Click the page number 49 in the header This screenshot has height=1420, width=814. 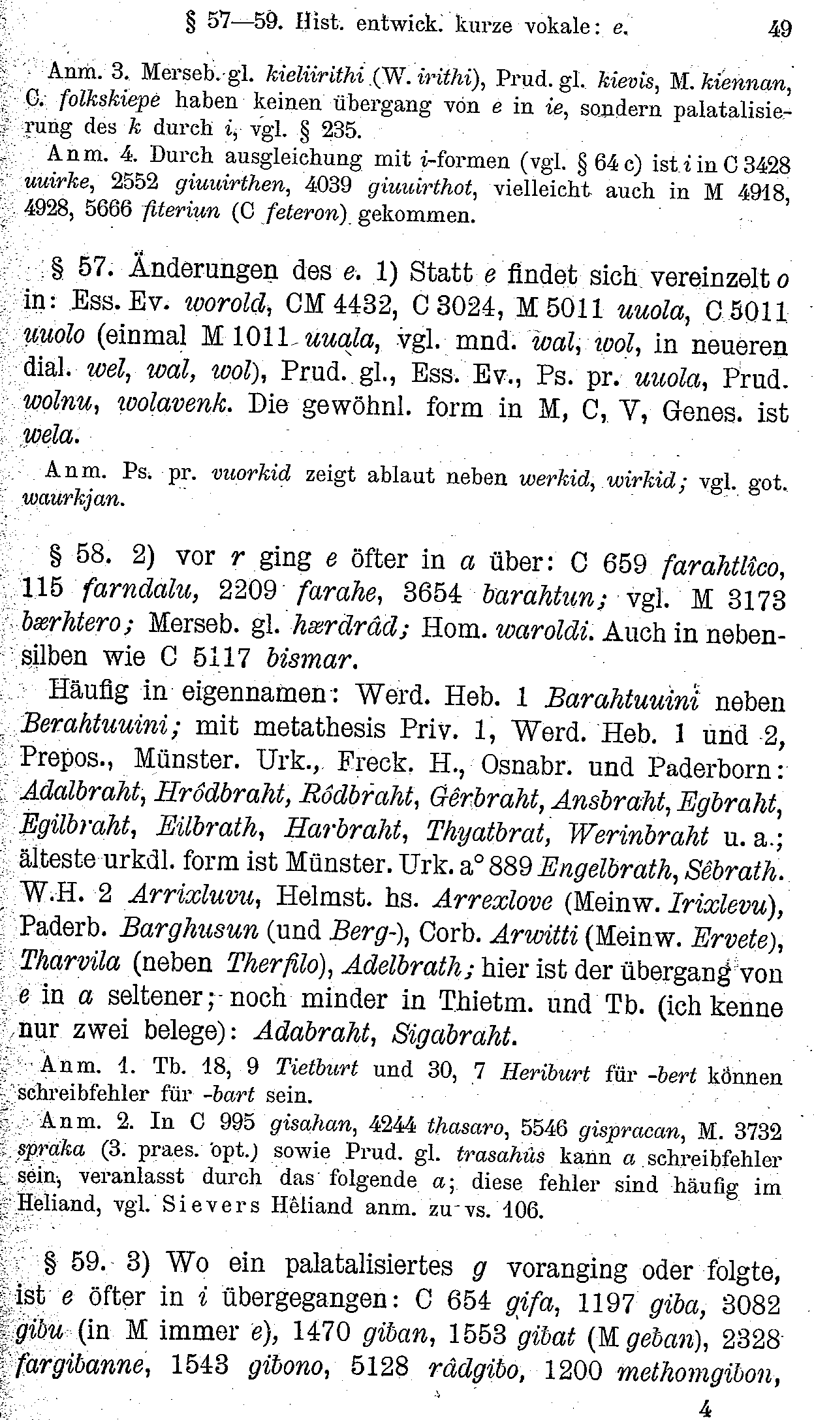[x=779, y=29]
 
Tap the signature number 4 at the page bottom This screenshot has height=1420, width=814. [x=704, y=1407]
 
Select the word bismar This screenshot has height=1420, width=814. [x=310, y=659]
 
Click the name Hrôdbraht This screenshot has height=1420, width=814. [x=223, y=796]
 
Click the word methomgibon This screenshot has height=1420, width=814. [x=698, y=1369]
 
